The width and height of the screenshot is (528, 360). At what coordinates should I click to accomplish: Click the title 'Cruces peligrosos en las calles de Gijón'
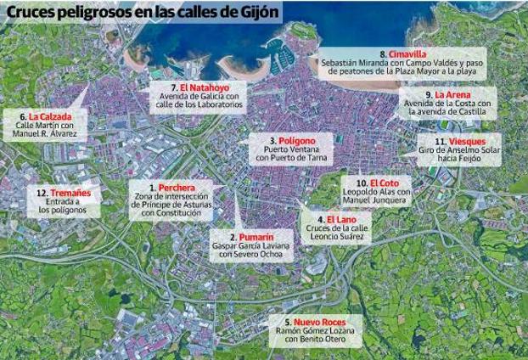(140, 14)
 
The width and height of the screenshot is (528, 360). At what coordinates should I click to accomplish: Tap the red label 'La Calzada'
(50, 115)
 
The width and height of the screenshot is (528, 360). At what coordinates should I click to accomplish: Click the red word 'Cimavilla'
(407, 54)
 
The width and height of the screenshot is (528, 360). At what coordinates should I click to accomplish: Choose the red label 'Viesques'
(467, 141)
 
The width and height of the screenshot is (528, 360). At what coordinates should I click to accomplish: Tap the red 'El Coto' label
(384, 183)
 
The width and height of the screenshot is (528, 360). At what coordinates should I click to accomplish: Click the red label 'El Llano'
(341, 220)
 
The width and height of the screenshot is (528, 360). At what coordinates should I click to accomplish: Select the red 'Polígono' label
(297, 140)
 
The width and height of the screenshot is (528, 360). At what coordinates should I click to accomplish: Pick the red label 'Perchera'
(177, 188)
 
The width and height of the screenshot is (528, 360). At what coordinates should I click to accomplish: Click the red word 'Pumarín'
(256, 237)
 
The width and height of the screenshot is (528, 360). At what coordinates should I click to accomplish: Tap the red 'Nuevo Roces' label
(320, 323)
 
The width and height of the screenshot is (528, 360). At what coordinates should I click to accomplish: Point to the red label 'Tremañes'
(70, 193)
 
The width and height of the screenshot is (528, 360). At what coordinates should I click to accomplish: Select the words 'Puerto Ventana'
(293, 149)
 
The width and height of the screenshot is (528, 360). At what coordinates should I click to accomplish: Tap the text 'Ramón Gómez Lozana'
(315, 331)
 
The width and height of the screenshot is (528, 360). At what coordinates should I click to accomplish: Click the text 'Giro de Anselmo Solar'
(459, 150)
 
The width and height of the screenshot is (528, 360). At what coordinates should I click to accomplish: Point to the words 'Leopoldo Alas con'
(377, 193)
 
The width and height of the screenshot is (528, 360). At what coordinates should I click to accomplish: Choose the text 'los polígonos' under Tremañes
(62, 211)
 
